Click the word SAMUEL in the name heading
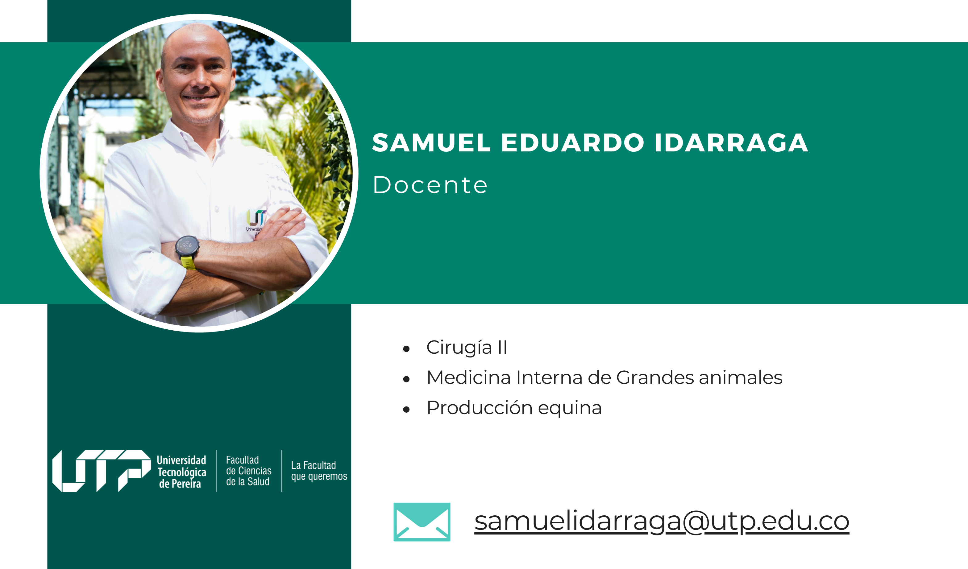[x=431, y=143]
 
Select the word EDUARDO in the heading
[x=572, y=143]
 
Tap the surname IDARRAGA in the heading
[x=732, y=143]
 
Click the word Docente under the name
[x=430, y=185]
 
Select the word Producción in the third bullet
[x=480, y=407]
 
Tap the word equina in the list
[x=570, y=409]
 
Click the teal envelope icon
[x=422, y=522]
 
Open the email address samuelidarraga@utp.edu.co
[x=662, y=522]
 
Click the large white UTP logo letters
[x=102, y=471]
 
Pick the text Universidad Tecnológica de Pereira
[x=181, y=472]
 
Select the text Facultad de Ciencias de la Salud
[x=248, y=471]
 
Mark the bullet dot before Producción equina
[x=406, y=409]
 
